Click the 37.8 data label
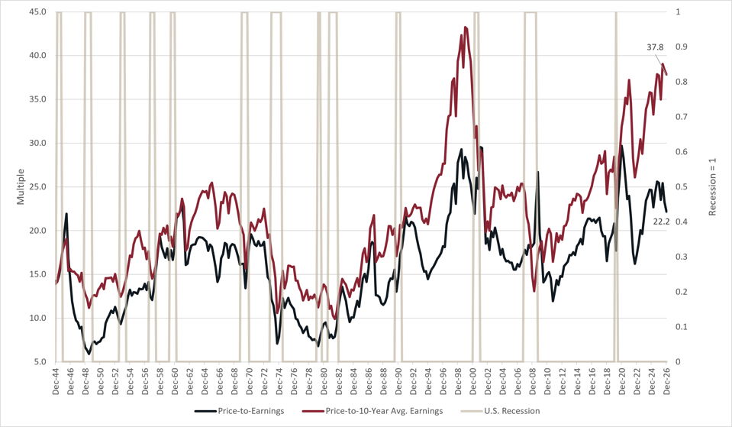coord(655,47)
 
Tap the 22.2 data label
coord(661,222)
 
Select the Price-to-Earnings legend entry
coord(240,411)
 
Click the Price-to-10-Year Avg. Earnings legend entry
coord(372,411)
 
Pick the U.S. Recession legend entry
coord(501,411)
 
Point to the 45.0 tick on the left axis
coord(37,11)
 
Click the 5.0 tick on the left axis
coord(39,361)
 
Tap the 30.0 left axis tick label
coord(37,143)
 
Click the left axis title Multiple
coord(21,187)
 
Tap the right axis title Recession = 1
coord(712,187)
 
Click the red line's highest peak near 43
coord(465,27)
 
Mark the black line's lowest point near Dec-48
coord(89,354)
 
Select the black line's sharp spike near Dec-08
coord(538,172)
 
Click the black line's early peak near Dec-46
coord(66,214)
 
